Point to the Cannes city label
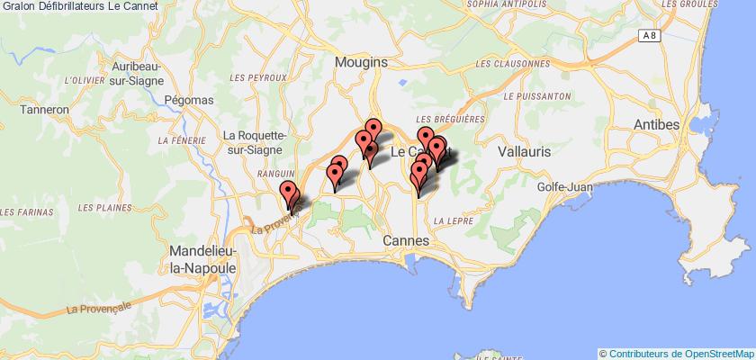[407, 241]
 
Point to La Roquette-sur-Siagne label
[255, 144]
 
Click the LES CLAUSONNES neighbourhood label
[511, 65]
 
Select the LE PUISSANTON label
[538, 95]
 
